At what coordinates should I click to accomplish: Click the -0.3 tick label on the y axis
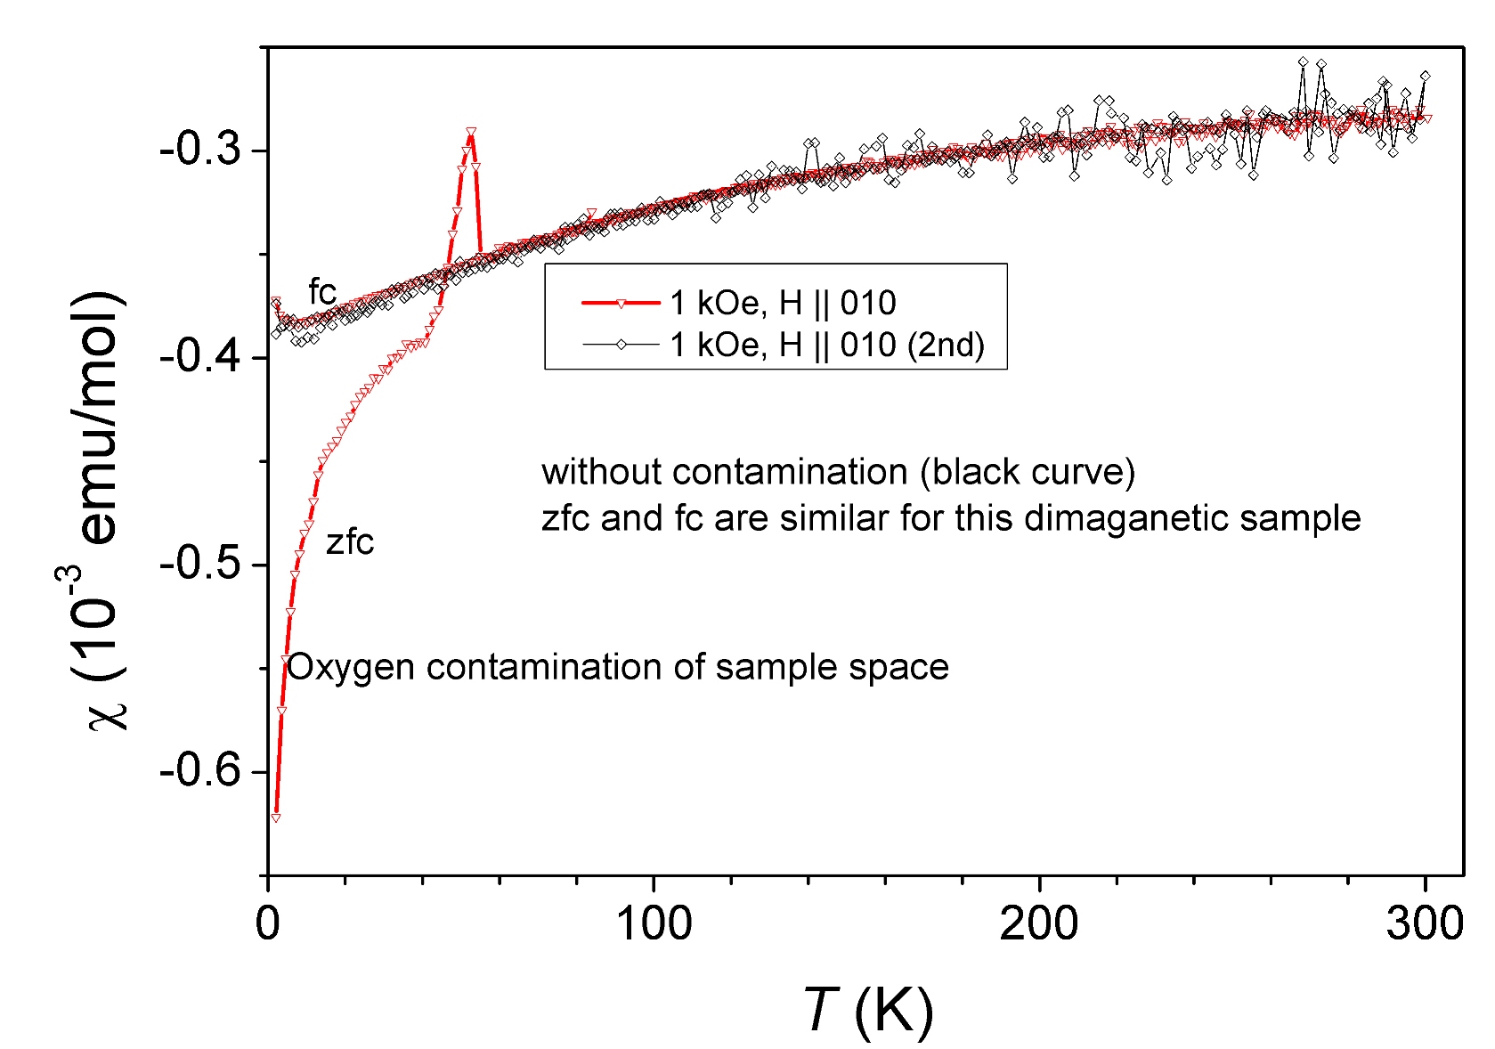click(x=200, y=150)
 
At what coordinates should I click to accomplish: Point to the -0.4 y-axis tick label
click(x=200, y=358)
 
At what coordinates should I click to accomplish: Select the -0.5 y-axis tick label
click(x=200, y=565)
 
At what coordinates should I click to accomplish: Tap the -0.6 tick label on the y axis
click(x=200, y=771)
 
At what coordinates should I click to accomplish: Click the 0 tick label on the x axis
click(x=268, y=924)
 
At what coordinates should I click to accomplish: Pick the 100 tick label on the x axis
click(x=654, y=924)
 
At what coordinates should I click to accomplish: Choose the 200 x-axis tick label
click(x=1039, y=924)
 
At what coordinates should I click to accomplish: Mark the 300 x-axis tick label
click(x=1425, y=924)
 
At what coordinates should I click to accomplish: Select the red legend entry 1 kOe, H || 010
click(x=783, y=304)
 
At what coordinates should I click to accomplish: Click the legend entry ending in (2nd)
click(x=827, y=345)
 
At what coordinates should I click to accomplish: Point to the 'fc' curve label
click(x=322, y=291)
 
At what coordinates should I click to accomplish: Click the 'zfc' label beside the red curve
click(x=350, y=542)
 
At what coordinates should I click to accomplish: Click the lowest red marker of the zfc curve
click(x=276, y=817)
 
